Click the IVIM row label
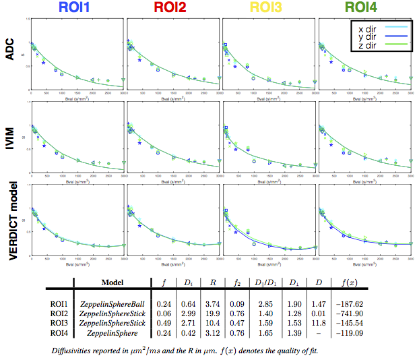tap(10, 138)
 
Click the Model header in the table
tap(115, 283)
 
